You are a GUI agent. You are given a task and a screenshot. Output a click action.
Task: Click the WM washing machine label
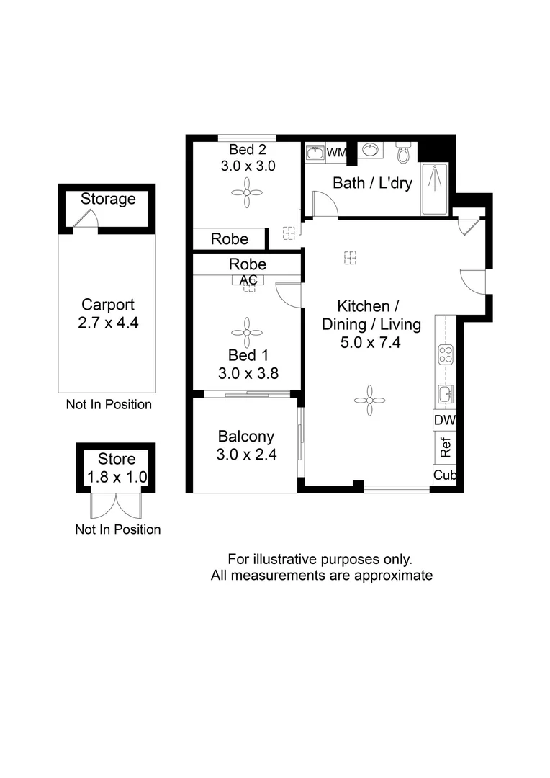click(x=337, y=153)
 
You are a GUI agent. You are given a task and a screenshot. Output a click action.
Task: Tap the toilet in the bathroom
click(x=403, y=153)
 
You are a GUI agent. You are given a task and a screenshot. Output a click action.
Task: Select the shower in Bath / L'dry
click(x=434, y=189)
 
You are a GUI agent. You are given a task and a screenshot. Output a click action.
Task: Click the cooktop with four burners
click(x=446, y=355)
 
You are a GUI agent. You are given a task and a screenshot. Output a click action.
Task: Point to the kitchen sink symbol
click(x=446, y=393)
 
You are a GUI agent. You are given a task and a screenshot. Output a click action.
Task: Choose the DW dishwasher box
click(x=445, y=420)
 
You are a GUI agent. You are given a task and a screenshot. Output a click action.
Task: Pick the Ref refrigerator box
click(x=445, y=448)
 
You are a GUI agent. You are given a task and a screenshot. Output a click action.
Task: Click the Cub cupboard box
click(x=445, y=475)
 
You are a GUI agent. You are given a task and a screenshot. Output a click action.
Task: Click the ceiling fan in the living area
click(x=370, y=401)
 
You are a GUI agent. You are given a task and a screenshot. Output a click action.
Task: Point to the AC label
click(x=248, y=280)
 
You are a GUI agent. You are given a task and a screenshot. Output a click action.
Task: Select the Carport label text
click(x=108, y=304)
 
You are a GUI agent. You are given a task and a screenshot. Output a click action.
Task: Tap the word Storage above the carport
click(x=108, y=199)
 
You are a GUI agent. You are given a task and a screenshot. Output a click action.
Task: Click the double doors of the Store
click(x=117, y=504)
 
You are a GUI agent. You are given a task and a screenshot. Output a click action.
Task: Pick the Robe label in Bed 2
click(x=229, y=239)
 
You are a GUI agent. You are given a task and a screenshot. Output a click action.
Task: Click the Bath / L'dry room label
click(x=372, y=183)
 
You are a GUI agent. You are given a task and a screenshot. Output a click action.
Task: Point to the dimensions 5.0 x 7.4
click(x=370, y=343)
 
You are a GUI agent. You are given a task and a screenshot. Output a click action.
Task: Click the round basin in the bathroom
click(x=371, y=151)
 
